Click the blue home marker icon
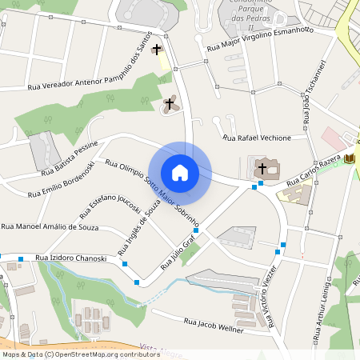180,172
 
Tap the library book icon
349,159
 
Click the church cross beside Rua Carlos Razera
262,169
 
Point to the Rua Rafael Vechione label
257,138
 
